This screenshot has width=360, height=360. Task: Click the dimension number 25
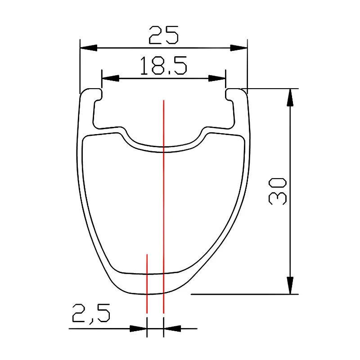click(x=163, y=35)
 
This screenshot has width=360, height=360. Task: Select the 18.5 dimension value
click(x=163, y=66)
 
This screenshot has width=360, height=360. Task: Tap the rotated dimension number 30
click(x=277, y=191)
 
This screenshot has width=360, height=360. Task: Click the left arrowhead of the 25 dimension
click(x=89, y=48)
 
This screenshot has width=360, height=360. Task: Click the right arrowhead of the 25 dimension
click(x=239, y=48)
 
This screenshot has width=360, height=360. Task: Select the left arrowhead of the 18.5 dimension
click(x=110, y=78)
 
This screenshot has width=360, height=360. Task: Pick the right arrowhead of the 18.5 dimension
click(x=217, y=78)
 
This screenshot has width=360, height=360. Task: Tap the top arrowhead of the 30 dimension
click(x=290, y=97)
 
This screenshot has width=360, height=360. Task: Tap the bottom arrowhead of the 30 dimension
click(x=290, y=285)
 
